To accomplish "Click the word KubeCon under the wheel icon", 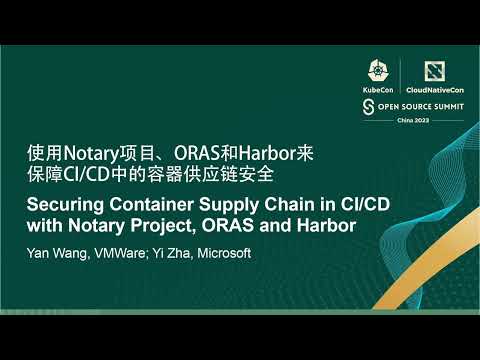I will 379,89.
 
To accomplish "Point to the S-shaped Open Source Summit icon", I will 368,105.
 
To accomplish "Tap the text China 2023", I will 400,118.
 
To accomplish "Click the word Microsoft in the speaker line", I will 224,253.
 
